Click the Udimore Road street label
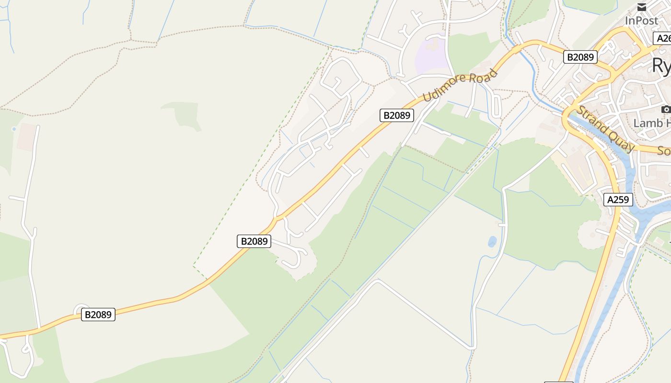tap(460, 85)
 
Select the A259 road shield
tap(619, 200)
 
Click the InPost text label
tap(641, 21)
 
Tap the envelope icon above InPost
tap(642, 7)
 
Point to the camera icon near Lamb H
tap(666, 110)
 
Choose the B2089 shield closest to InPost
tap(580, 57)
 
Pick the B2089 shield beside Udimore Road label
tap(397, 115)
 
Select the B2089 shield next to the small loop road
tap(98, 315)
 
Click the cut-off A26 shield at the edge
tap(662, 38)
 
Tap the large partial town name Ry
tap(661, 66)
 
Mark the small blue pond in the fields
tap(492, 242)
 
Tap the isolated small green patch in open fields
tap(185, 113)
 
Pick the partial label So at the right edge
tap(664, 151)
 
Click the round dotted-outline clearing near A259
tap(592, 235)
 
